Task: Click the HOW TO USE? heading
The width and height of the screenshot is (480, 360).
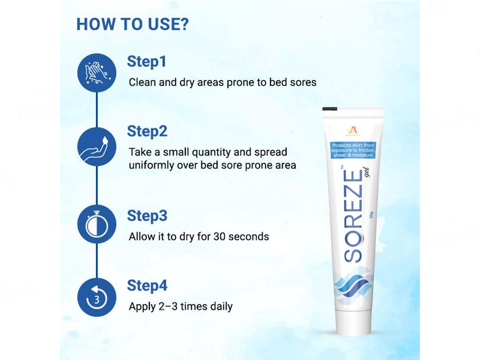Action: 132,24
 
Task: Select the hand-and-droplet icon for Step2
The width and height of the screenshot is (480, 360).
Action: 96,146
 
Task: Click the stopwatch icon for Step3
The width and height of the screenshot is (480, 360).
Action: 96,224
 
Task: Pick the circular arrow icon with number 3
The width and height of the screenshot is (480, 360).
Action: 96,297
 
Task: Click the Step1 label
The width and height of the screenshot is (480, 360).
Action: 146,61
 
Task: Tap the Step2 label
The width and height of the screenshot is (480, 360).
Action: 147,131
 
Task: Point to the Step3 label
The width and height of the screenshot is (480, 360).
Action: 147,216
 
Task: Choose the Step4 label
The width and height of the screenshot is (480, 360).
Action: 147,286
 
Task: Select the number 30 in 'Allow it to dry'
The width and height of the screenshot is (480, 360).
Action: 222,236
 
